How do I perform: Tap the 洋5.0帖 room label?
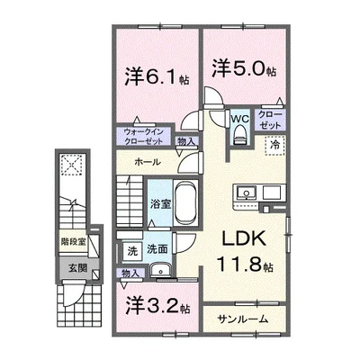[242, 67]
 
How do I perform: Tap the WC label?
[238, 118]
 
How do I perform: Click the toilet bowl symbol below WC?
[238, 135]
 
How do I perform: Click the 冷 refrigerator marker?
[272, 145]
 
